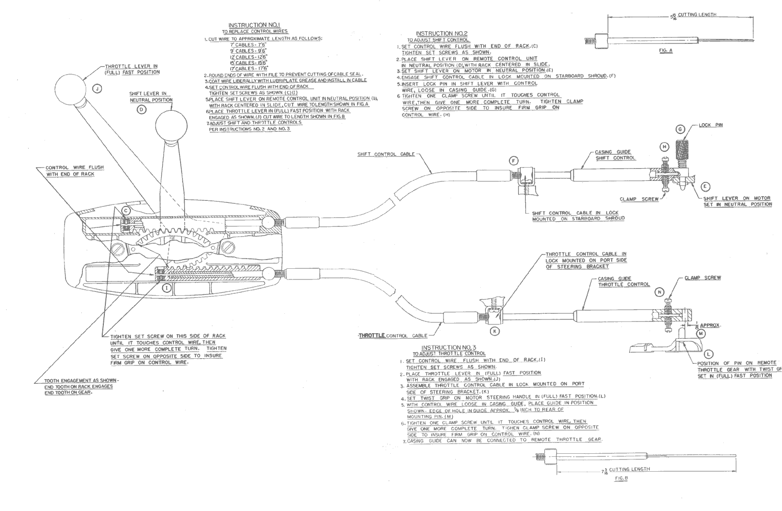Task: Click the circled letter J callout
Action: pyautogui.click(x=97, y=88)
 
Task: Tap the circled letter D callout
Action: pyautogui.click(x=142, y=109)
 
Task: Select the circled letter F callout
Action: pyautogui.click(x=514, y=160)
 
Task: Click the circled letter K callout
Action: pyautogui.click(x=494, y=331)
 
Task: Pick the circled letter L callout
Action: pyautogui.click(x=708, y=354)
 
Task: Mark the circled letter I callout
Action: pyautogui.click(x=166, y=288)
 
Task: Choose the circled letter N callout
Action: pyautogui.click(x=660, y=292)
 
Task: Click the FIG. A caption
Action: pyautogui.click(x=666, y=51)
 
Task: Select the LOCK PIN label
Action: pyautogui.click(x=711, y=125)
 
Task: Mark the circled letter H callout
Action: pyautogui.click(x=664, y=147)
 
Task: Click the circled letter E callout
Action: pyautogui.click(x=705, y=187)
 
